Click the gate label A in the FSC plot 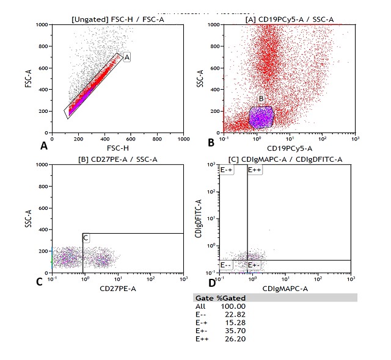127,57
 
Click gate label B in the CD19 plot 261,98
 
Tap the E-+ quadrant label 227,170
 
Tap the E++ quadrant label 255,170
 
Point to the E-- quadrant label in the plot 226,265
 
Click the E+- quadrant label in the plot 255,265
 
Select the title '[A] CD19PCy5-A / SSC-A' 285,20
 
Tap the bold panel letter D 212,282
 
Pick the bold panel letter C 39,282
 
